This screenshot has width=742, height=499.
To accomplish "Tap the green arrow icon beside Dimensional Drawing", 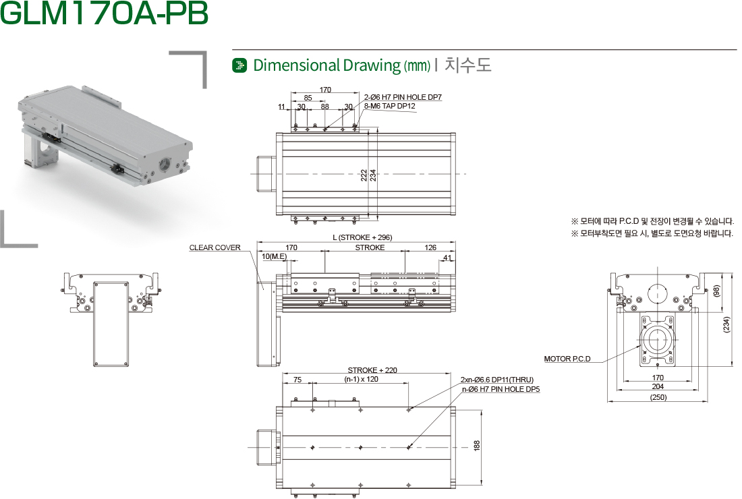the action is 240,65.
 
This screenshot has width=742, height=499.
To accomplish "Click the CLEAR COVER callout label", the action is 215,247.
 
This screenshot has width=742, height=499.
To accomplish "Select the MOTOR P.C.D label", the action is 567,359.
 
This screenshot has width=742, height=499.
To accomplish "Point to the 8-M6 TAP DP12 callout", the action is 389,106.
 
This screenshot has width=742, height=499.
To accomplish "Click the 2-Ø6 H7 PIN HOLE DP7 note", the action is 403,97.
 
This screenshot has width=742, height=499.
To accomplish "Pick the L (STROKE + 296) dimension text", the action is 362,237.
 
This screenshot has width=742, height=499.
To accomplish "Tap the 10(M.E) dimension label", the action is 274,256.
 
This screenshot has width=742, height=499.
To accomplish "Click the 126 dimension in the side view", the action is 430,247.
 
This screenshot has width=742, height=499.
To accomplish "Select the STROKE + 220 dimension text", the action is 372,370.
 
